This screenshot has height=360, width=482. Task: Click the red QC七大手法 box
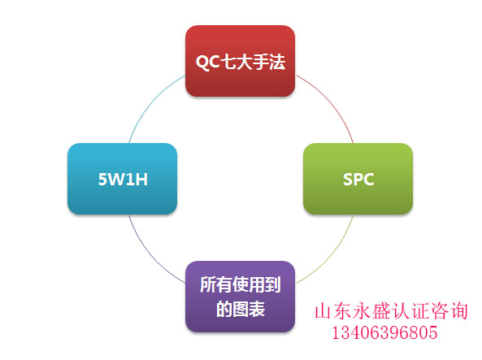click(240, 61)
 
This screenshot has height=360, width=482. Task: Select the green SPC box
click(358, 179)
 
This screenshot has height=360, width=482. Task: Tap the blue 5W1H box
click(123, 179)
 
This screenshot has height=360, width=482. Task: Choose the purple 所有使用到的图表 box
click(240, 297)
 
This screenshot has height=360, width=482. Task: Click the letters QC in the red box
click(207, 63)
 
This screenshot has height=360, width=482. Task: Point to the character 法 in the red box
click(277, 62)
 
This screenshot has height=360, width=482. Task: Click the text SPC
click(358, 180)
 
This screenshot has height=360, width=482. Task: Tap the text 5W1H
click(123, 180)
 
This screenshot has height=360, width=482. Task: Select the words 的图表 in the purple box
click(241, 310)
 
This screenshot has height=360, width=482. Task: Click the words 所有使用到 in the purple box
click(241, 284)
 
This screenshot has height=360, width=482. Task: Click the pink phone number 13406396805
click(384, 332)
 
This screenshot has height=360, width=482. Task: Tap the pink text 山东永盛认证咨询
click(391, 310)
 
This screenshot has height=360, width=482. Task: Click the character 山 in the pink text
click(324, 311)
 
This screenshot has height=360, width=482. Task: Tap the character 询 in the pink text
click(459, 310)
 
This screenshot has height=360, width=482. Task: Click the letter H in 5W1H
click(141, 180)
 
